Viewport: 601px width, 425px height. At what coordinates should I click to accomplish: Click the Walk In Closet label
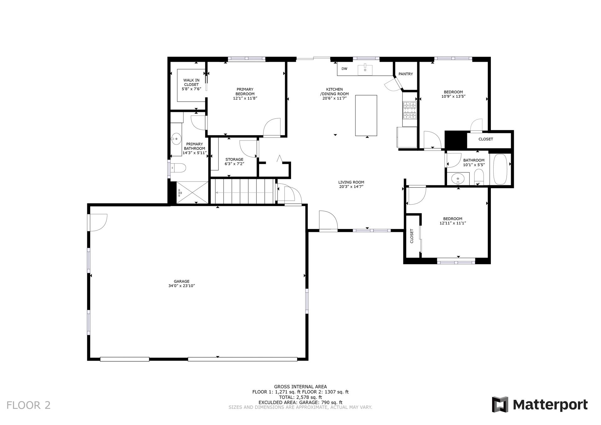coord(191,82)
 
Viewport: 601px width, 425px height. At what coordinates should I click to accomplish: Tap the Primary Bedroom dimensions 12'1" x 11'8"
coord(245,98)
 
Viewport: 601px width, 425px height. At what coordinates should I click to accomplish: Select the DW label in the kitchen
coord(344,69)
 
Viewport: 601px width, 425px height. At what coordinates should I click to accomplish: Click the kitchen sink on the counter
coord(365,69)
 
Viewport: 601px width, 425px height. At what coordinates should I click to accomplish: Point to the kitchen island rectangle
coord(366,115)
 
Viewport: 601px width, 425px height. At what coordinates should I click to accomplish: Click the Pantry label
coord(406,74)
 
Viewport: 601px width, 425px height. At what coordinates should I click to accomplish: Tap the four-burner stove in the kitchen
coord(410,110)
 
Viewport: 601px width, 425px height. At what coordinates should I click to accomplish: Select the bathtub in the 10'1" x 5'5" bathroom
coord(500,169)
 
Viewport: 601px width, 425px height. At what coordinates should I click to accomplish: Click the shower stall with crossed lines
coord(192,192)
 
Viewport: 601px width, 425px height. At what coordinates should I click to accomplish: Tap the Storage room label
coord(234,160)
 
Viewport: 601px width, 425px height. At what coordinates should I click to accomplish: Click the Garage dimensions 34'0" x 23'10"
coord(182,286)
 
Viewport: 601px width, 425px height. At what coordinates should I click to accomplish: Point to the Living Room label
coord(351,182)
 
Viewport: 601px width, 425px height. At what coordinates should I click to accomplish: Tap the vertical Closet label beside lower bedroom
coord(412,236)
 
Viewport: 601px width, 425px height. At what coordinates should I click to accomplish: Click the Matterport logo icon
coord(500,404)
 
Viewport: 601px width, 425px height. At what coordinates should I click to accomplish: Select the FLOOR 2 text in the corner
coord(28,405)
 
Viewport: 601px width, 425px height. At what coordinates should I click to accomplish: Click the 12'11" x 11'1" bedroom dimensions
coord(453,223)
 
